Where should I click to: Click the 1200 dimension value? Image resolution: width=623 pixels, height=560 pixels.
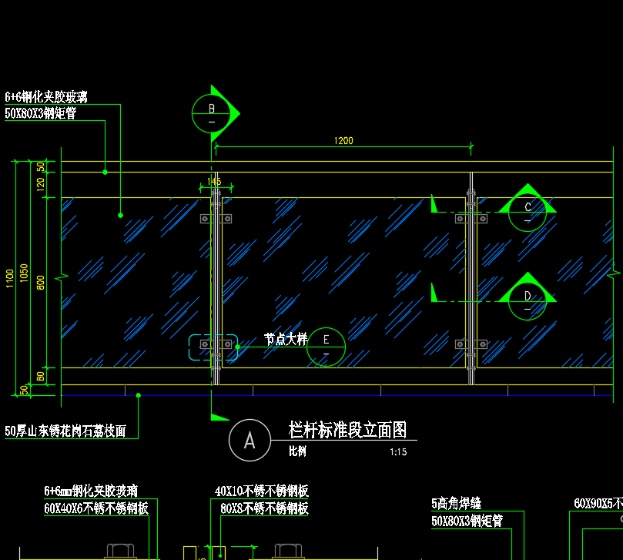(343, 141)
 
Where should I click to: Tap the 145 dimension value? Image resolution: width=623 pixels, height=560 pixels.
(214, 182)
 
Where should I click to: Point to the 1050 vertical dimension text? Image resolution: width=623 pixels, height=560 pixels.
(25, 273)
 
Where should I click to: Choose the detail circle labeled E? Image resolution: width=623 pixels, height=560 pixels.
(327, 347)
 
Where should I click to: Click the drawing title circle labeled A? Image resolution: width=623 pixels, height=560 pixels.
(250, 441)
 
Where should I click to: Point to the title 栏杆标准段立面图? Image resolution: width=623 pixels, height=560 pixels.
(347, 430)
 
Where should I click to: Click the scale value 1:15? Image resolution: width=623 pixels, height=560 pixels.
(398, 453)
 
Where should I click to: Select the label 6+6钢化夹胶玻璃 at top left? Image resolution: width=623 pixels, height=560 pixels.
(46, 97)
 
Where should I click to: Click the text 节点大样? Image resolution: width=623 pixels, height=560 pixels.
(286, 339)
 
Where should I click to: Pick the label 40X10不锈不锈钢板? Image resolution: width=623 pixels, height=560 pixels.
(262, 491)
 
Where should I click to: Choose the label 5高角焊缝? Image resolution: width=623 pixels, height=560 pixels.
(457, 504)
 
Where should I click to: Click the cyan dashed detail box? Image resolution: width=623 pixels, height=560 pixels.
(213, 347)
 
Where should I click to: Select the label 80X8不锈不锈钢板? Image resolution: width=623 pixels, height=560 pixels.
(264, 509)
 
